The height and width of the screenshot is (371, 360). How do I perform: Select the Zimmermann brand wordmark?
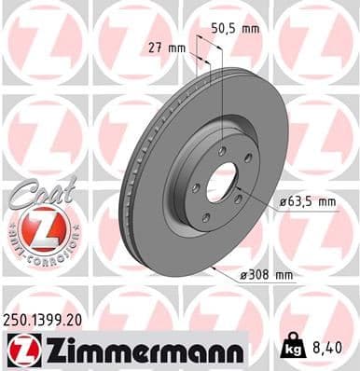click(141, 350)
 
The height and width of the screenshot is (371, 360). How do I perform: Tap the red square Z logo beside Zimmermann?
click(19, 350)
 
